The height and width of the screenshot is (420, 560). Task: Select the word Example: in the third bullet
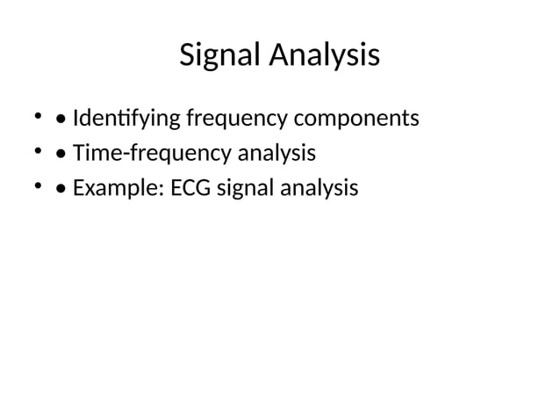pyautogui.click(x=111, y=188)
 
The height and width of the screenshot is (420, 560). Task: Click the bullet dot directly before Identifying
pyautogui.click(x=60, y=118)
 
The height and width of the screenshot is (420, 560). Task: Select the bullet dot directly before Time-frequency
pyautogui.click(x=60, y=154)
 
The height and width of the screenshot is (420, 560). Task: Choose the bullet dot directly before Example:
pyautogui.click(x=60, y=189)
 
